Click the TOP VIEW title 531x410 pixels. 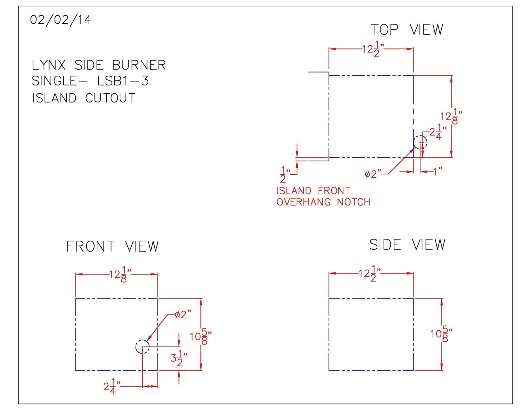click(x=407, y=30)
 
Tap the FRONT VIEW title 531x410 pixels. click(x=113, y=247)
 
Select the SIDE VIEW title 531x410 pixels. click(x=407, y=245)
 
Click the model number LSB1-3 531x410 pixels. click(x=123, y=81)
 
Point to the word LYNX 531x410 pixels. click(x=49, y=65)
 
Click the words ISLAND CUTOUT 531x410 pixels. click(x=84, y=98)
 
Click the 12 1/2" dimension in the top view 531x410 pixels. click(x=373, y=49)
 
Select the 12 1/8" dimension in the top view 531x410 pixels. click(x=451, y=116)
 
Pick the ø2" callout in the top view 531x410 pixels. click(x=373, y=174)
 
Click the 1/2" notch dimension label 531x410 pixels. click(x=285, y=174)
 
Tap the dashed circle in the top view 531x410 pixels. click(x=420, y=142)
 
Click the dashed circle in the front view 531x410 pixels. click(x=142, y=347)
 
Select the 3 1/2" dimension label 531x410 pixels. click(x=179, y=358)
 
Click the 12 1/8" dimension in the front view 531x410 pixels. click(x=120, y=275)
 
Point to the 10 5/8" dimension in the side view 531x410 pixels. click(x=441, y=334)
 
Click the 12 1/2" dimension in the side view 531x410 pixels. click(x=370, y=273)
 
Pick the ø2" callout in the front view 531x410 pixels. click(x=183, y=314)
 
